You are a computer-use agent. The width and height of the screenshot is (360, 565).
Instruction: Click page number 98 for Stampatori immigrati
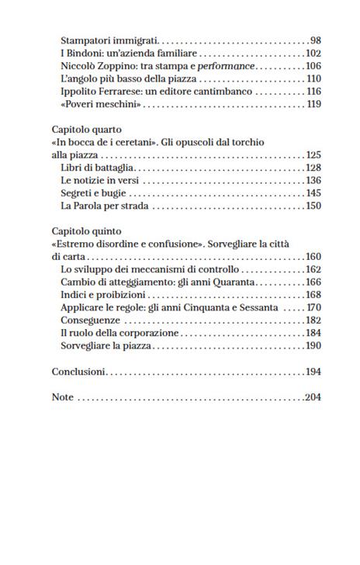(x=315, y=39)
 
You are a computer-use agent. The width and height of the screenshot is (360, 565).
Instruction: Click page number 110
(x=313, y=78)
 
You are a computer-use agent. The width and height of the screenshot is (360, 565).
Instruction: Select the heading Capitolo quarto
(x=88, y=130)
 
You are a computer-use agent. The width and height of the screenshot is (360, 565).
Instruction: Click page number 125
(x=313, y=155)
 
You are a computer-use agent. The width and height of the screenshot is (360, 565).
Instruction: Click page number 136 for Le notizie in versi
(x=313, y=181)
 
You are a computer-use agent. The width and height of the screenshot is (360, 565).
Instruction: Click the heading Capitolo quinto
(x=87, y=231)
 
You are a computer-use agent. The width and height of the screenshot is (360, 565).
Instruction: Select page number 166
(x=313, y=282)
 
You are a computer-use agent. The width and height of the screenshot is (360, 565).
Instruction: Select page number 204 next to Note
(x=313, y=397)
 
